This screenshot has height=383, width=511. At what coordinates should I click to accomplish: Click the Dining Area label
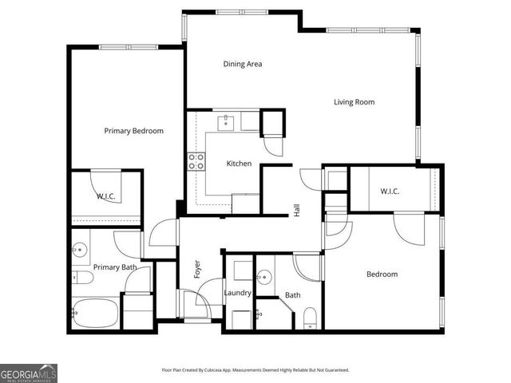tap(243, 64)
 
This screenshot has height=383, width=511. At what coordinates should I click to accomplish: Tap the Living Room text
tap(354, 102)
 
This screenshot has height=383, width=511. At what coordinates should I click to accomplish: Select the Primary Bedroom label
tap(134, 131)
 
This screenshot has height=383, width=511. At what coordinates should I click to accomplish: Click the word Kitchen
tap(239, 164)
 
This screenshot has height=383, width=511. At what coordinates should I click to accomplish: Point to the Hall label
tap(297, 211)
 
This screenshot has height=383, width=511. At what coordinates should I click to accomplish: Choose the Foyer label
tap(197, 269)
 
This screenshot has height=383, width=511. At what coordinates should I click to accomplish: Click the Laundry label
tap(238, 293)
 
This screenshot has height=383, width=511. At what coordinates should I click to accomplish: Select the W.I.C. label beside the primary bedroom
tap(107, 195)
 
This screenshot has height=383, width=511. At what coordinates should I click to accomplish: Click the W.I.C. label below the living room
tap(390, 191)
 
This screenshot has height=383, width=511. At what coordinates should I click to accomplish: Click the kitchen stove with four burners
tap(196, 162)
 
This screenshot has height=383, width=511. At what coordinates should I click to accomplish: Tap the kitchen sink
tap(228, 122)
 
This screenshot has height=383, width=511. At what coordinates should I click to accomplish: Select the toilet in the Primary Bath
tap(82, 278)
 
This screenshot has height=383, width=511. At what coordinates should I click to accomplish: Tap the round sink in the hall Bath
tap(264, 277)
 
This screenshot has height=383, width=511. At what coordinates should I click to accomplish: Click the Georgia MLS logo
tap(29, 373)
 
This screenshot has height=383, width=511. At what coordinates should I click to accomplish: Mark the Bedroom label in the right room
tap(382, 274)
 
